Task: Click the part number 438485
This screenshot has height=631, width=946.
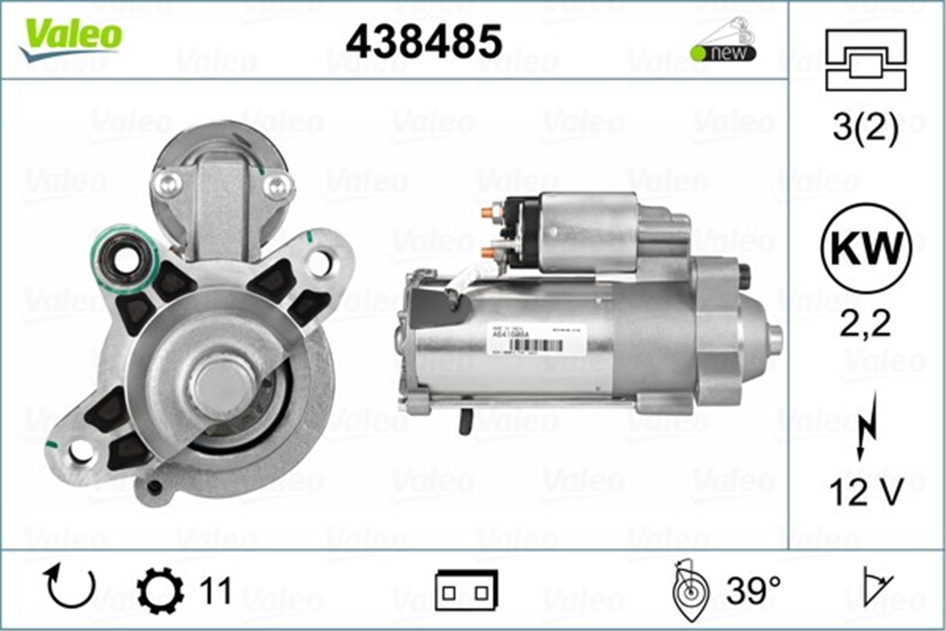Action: coord(423,41)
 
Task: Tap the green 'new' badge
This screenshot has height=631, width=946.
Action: coord(722,53)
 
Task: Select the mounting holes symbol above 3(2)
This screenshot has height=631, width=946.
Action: coord(864,59)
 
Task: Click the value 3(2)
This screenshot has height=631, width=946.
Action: coord(865,129)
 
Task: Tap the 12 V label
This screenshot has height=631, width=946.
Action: coord(865,494)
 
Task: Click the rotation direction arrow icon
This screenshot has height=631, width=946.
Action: coord(71,587)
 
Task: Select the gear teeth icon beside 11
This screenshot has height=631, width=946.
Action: coord(160,590)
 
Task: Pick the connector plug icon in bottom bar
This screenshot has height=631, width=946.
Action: coord(466,590)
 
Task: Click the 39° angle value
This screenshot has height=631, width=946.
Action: coord(752,590)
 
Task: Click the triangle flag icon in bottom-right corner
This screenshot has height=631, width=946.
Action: coord(877,588)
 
